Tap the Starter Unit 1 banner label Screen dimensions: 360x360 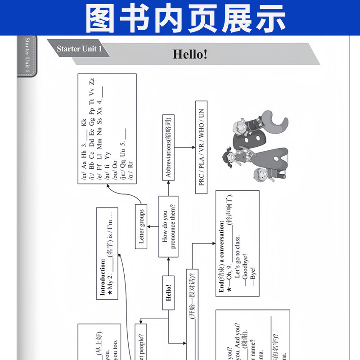coord(80,49)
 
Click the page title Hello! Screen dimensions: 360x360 coord(190,54)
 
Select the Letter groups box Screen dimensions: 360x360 coord(141,226)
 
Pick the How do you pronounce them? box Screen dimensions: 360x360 coord(168,226)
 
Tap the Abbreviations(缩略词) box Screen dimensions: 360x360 coord(168,147)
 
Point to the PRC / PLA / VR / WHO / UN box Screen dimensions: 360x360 coord(201,147)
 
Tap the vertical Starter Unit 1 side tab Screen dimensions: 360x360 coord(27,56)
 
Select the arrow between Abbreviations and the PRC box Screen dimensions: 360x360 coord(184,147)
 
